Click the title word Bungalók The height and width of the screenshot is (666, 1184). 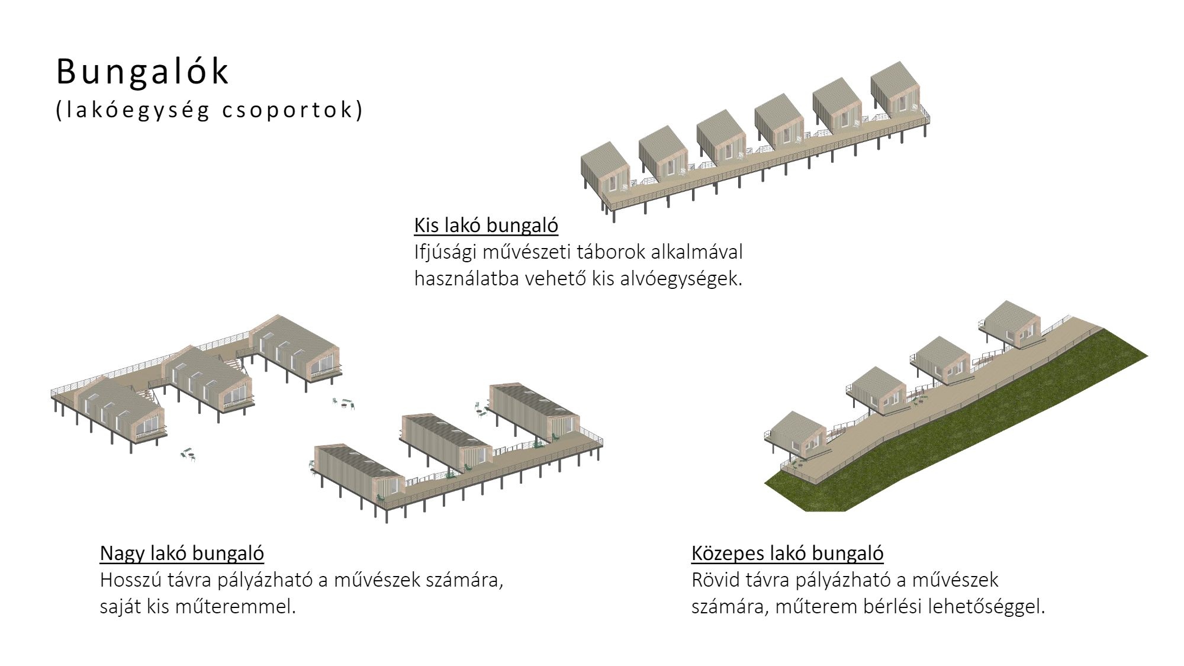point(142,72)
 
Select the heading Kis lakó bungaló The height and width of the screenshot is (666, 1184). point(486,226)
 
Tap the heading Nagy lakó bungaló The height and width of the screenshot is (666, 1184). point(182,553)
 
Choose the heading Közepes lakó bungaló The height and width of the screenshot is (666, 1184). point(787,553)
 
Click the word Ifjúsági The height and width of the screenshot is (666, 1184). point(445,252)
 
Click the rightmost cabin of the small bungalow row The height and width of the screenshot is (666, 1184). point(895,89)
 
